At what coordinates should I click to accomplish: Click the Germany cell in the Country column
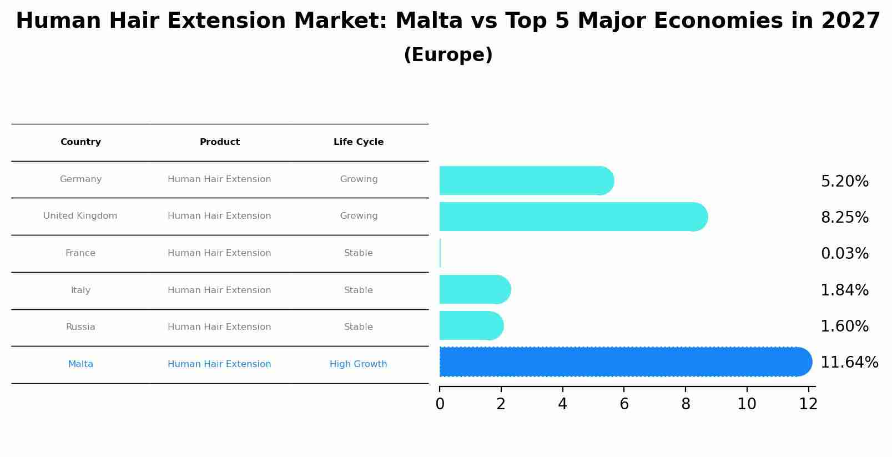coord(80,179)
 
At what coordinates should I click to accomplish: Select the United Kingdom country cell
coord(80,216)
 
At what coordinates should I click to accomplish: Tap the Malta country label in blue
coord(80,364)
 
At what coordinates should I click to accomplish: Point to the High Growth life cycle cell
coord(358,364)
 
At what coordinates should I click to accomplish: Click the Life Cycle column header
coord(358,142)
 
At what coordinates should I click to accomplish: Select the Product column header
coord(219,142)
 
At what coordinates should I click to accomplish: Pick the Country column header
coord(80,142)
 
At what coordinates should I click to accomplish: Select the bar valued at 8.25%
coord(572,217)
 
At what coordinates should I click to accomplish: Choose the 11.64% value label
coord(849,363)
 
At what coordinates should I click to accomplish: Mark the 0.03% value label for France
coord(844,254)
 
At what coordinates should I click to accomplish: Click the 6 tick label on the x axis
coord(624,404)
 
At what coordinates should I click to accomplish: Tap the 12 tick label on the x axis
coord(808,404)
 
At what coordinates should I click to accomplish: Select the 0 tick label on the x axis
coord(440,404)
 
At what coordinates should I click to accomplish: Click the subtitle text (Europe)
coord(448,55)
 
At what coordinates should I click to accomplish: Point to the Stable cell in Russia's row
coord(358,327)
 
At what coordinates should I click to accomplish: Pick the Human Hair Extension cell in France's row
coord(219,253)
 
